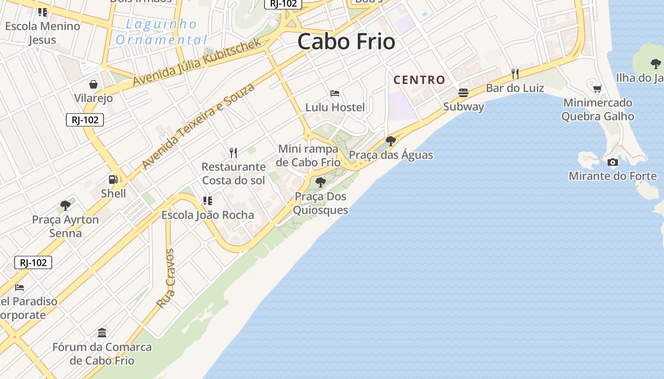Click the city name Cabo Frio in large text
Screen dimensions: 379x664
point(346,42)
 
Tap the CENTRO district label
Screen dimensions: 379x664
point(419,80)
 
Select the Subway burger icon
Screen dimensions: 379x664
point(463,93)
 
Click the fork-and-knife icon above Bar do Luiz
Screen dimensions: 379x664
point(515,74)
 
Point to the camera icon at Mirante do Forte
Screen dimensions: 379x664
point(613,162)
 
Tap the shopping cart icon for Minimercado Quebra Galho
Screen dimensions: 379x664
point(598,89)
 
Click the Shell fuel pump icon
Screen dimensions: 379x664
point(113,180)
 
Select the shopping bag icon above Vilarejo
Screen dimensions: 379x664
point(93,84)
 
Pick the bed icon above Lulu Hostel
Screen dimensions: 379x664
point(335,93)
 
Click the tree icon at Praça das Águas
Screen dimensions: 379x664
point(391,141)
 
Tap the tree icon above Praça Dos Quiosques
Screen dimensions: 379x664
point(321,182)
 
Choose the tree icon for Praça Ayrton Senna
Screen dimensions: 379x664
point(65,206)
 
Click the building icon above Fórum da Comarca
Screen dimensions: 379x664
point(102,333)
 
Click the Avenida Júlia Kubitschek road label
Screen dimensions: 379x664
point(197,62)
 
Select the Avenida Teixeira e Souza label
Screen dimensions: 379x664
point(198,126)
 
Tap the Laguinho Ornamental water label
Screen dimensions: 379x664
point(161,31)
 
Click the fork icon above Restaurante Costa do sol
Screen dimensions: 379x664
point(233,153)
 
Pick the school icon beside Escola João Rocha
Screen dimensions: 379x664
point(207,201)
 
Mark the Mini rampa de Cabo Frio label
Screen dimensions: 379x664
point(309,155)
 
